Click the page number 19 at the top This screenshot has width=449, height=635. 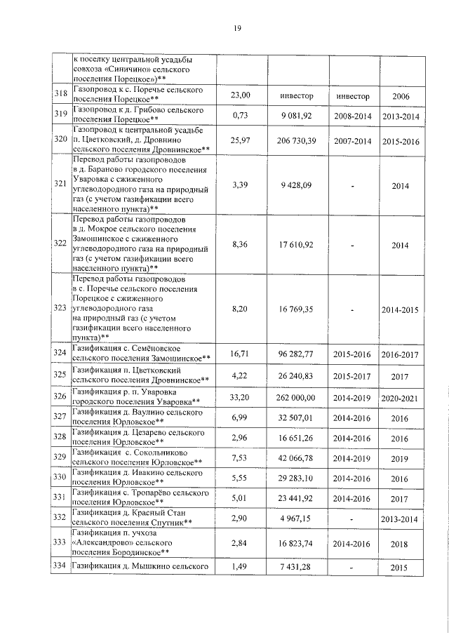pyautogui.click(x=237, y=28)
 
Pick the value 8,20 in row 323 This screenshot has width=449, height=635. pyautogui.click(x=241, y=307)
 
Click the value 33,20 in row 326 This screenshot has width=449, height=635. pyautogui.click(x=241, y=397)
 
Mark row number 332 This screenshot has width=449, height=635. pyautogui.click(x=60, y=517)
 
